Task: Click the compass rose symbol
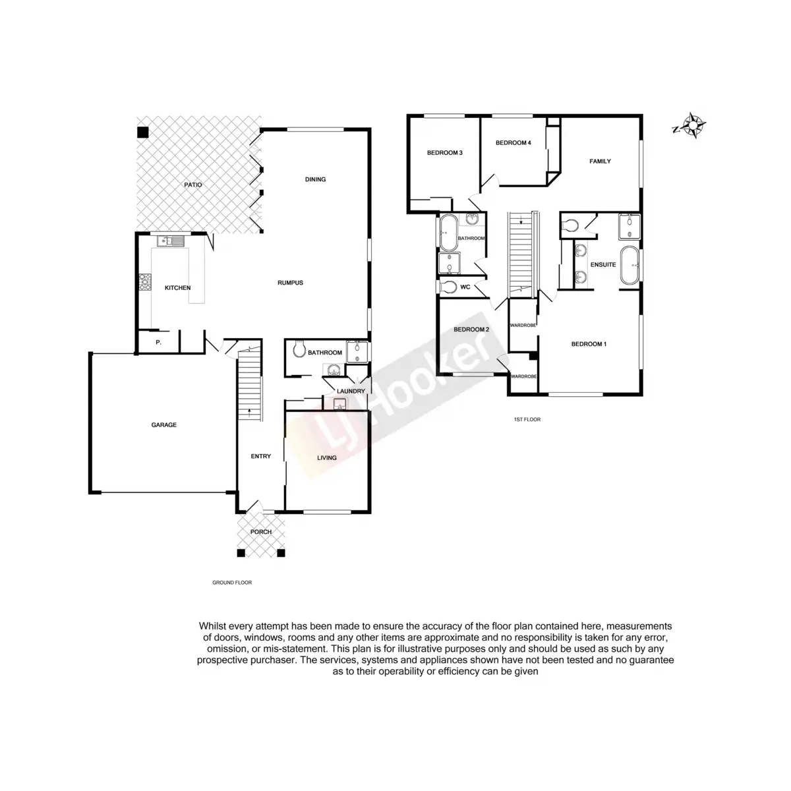(694, 125)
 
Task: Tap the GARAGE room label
(164, 425)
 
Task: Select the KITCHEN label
(177, 288)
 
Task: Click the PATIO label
(192, 185)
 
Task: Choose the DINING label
(315, 179)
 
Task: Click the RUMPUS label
(290, 283)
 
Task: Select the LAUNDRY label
(351, 392)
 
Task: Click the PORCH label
(261, 532)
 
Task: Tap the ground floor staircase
(250, 386)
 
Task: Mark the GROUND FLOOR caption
(232, 583)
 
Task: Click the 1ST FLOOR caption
(527, 419)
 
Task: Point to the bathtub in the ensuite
(629, 266)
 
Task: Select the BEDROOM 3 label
(444, 153)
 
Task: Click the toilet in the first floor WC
(449, 287)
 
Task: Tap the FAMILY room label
(600, 161)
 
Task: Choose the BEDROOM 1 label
(589, 344)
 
